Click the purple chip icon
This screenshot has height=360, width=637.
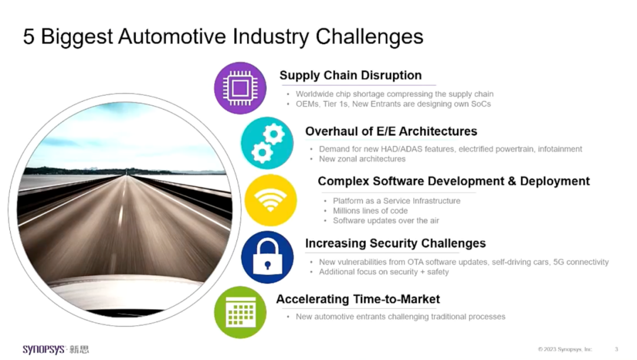[x=240, y=88]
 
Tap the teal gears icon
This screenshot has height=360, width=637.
[x=267, y=143]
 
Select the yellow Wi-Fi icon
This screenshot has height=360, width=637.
[x=271, y=200]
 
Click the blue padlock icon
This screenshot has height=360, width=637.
[x=267, y=257]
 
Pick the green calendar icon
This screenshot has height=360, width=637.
[x=240, y=312]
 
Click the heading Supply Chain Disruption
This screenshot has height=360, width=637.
[x=350, y=75]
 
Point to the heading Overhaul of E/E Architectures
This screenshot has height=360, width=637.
[x=391, y=131]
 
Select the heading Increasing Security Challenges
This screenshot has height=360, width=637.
[x=395, y=243]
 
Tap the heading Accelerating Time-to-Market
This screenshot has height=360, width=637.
[x=358, y=299]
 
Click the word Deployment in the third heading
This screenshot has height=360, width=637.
[x=555, y=181]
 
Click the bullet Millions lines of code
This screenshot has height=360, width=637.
[x=370, y=211]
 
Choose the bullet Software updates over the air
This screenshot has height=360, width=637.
[x=386, y=221]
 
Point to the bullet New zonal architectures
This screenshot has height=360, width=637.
[x=362, y=159]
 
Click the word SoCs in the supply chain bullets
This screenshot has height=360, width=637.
[x=481, y=104]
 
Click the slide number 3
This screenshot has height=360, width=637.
[x=616, y=349]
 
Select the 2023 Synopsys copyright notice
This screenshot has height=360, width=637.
[x=565, y=349]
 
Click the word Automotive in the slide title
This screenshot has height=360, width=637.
[x=172, y=37]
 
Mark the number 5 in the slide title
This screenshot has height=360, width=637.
[x=29, y=37]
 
